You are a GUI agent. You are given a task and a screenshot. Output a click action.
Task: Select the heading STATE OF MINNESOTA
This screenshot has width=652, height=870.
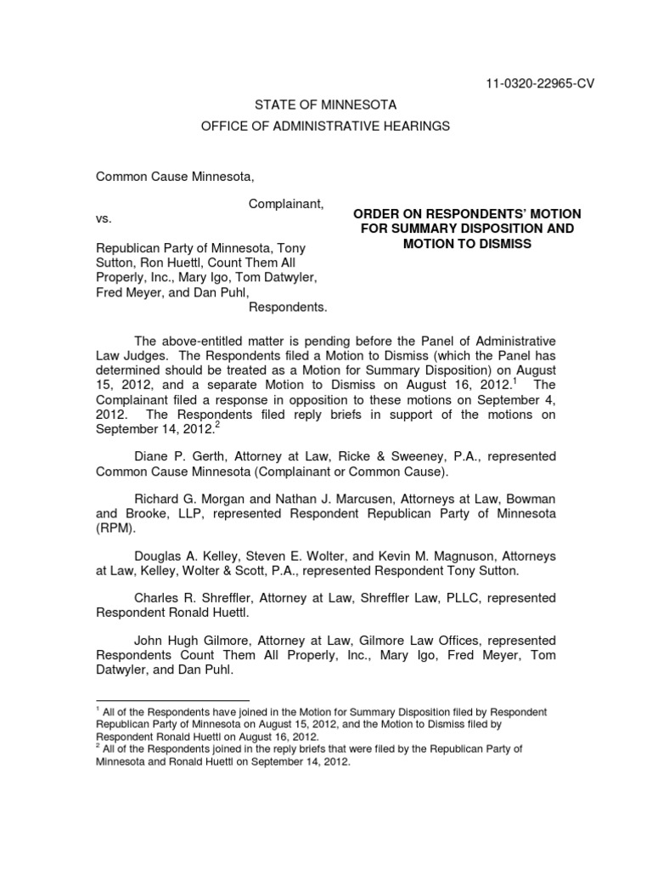pyautogui.click(x=326, y=105)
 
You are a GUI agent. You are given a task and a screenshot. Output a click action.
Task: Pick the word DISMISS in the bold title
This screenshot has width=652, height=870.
pyautogui.click(x=500, y=244)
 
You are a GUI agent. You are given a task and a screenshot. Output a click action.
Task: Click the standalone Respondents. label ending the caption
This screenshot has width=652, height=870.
pyautogui.click(x=287, y=305)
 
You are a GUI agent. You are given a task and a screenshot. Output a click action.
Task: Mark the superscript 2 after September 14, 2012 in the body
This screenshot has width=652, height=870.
pyautogui.click(x=216, y=427)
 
